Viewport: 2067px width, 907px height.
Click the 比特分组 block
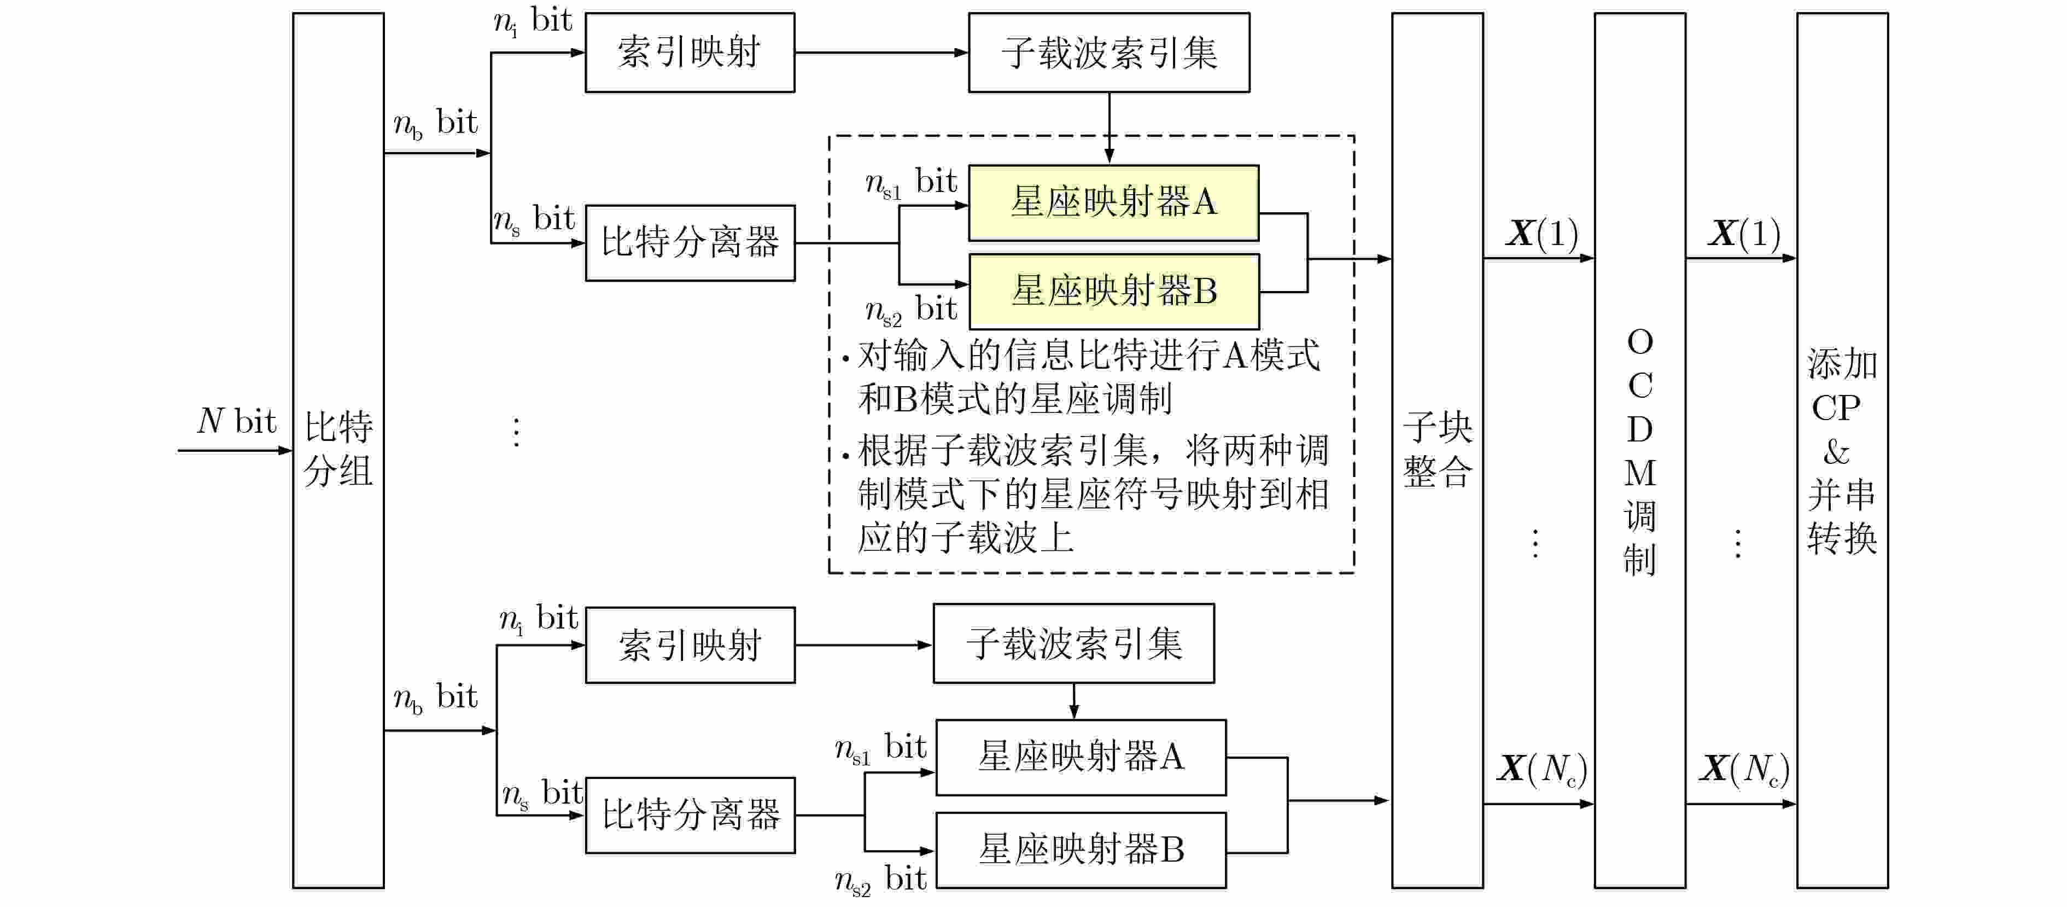pos(338,450)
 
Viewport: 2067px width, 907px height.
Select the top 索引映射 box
pos(689,52)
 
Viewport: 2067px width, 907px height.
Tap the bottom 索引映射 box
pos(689,644)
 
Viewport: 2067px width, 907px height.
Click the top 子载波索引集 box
pos(1108,52)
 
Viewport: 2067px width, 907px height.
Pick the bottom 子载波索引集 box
pos(1073,643)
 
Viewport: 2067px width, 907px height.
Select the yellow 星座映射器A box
pos(1113,202)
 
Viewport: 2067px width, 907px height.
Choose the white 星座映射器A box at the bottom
pos(1080,757)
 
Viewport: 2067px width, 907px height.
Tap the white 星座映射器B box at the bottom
pos(1080,849)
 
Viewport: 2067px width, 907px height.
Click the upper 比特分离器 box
pos(689,242)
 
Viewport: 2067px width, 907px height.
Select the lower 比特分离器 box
pos(689,815)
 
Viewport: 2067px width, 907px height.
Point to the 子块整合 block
pos(1437,450)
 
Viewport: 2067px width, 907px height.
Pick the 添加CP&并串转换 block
pos(1842,450)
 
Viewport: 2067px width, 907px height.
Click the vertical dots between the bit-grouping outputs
pos(517,432)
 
